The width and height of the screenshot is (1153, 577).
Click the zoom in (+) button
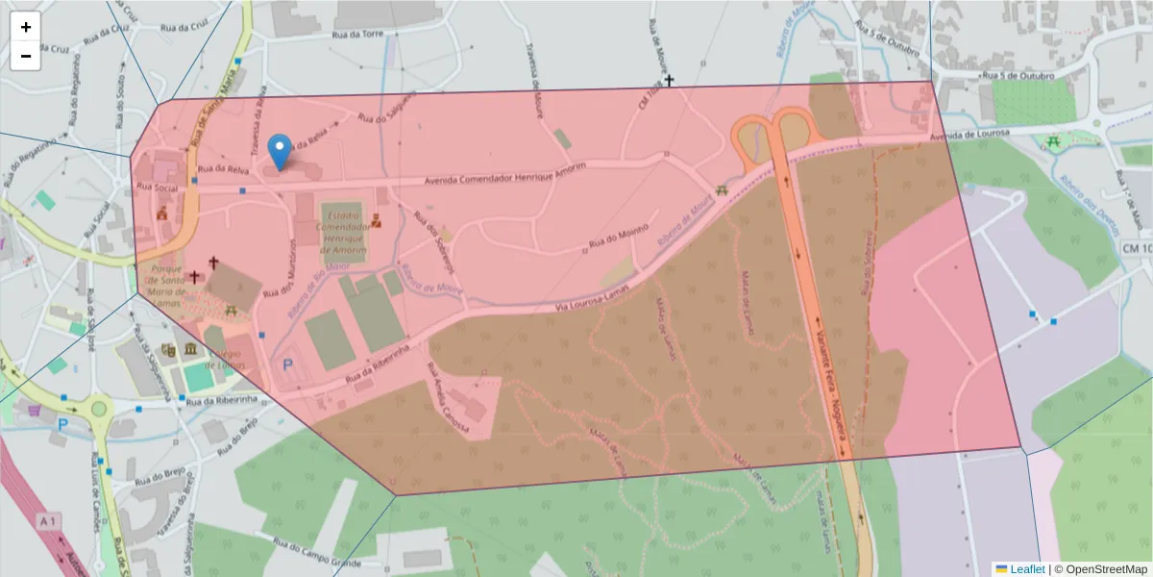point(26,27)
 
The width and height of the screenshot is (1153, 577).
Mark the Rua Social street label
point(158,188)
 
